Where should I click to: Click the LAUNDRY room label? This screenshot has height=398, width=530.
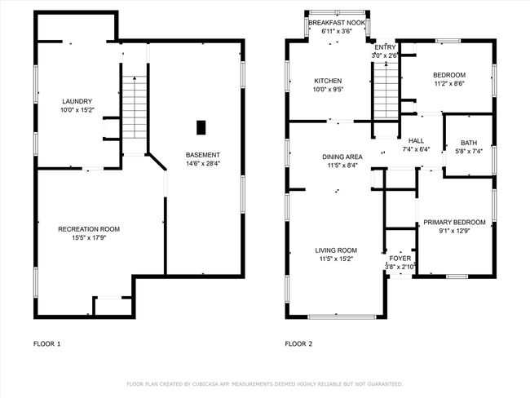[77, 101]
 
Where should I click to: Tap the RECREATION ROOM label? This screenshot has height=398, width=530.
[89, 229]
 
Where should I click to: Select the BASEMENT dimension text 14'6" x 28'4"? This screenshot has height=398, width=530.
[203, 164]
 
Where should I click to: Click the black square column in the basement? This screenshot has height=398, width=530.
[201, 127]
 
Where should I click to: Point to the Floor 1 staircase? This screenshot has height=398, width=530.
[135, 107]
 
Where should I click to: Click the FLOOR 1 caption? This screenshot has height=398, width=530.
[47, 344]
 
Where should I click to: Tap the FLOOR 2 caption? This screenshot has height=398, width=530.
[298, 344]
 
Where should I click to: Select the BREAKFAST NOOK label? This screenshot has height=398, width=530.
[337, 23]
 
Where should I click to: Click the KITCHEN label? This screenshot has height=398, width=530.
[328, 81]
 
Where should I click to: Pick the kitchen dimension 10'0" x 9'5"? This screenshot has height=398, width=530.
[328, 90]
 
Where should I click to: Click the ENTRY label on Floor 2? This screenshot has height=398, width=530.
[385, 47]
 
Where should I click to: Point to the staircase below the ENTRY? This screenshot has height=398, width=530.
[386, 91]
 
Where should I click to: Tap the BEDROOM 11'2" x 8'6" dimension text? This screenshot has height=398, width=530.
[449, 83]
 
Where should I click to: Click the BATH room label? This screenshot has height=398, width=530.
[469, 143]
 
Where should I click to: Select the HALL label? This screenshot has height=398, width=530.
[416, 141]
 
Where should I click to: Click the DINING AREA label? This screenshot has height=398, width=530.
[342, 157]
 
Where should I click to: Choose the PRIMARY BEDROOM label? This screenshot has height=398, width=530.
[455, 223]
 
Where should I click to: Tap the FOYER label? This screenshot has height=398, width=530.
[400, 259]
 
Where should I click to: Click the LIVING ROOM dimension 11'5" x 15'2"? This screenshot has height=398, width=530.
[336, 259]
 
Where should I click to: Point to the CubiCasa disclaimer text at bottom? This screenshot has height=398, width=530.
[265, 384]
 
